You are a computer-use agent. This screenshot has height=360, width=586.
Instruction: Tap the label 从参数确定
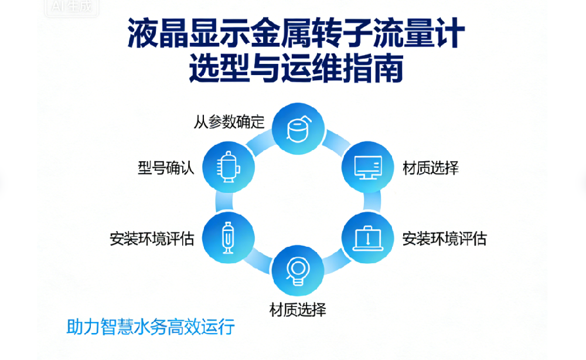click(x=229, y=122)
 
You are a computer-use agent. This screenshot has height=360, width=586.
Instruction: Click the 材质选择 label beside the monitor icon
click(x=431, y=168)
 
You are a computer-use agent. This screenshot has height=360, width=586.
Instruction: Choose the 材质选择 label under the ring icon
click(x=298, y=309)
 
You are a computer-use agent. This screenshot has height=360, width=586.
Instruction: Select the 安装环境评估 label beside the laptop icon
click(x=444, y=239)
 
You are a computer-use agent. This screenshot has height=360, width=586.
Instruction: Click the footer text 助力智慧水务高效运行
click(x=151, y=327)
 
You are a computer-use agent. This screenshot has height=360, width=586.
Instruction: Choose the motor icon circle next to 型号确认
click(x=228, y=167)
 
